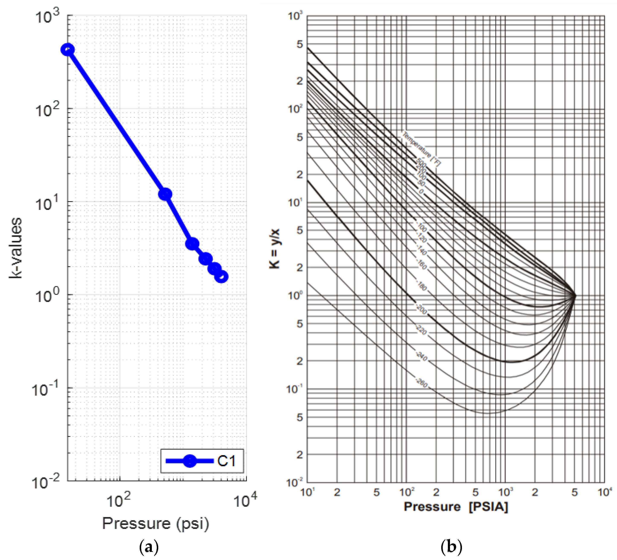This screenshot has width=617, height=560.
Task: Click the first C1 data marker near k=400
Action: (68, 50)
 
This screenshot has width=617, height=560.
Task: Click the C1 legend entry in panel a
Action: (202, 461)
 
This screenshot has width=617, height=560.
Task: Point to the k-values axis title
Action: (15, 248)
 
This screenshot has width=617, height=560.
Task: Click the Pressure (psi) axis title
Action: (155, 523)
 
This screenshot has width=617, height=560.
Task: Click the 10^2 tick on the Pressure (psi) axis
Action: (119, 501)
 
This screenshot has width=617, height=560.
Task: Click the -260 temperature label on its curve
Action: (422, 383)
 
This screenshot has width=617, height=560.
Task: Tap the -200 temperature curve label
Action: (421, 309)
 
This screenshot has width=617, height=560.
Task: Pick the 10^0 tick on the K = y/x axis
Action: (295, 296)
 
